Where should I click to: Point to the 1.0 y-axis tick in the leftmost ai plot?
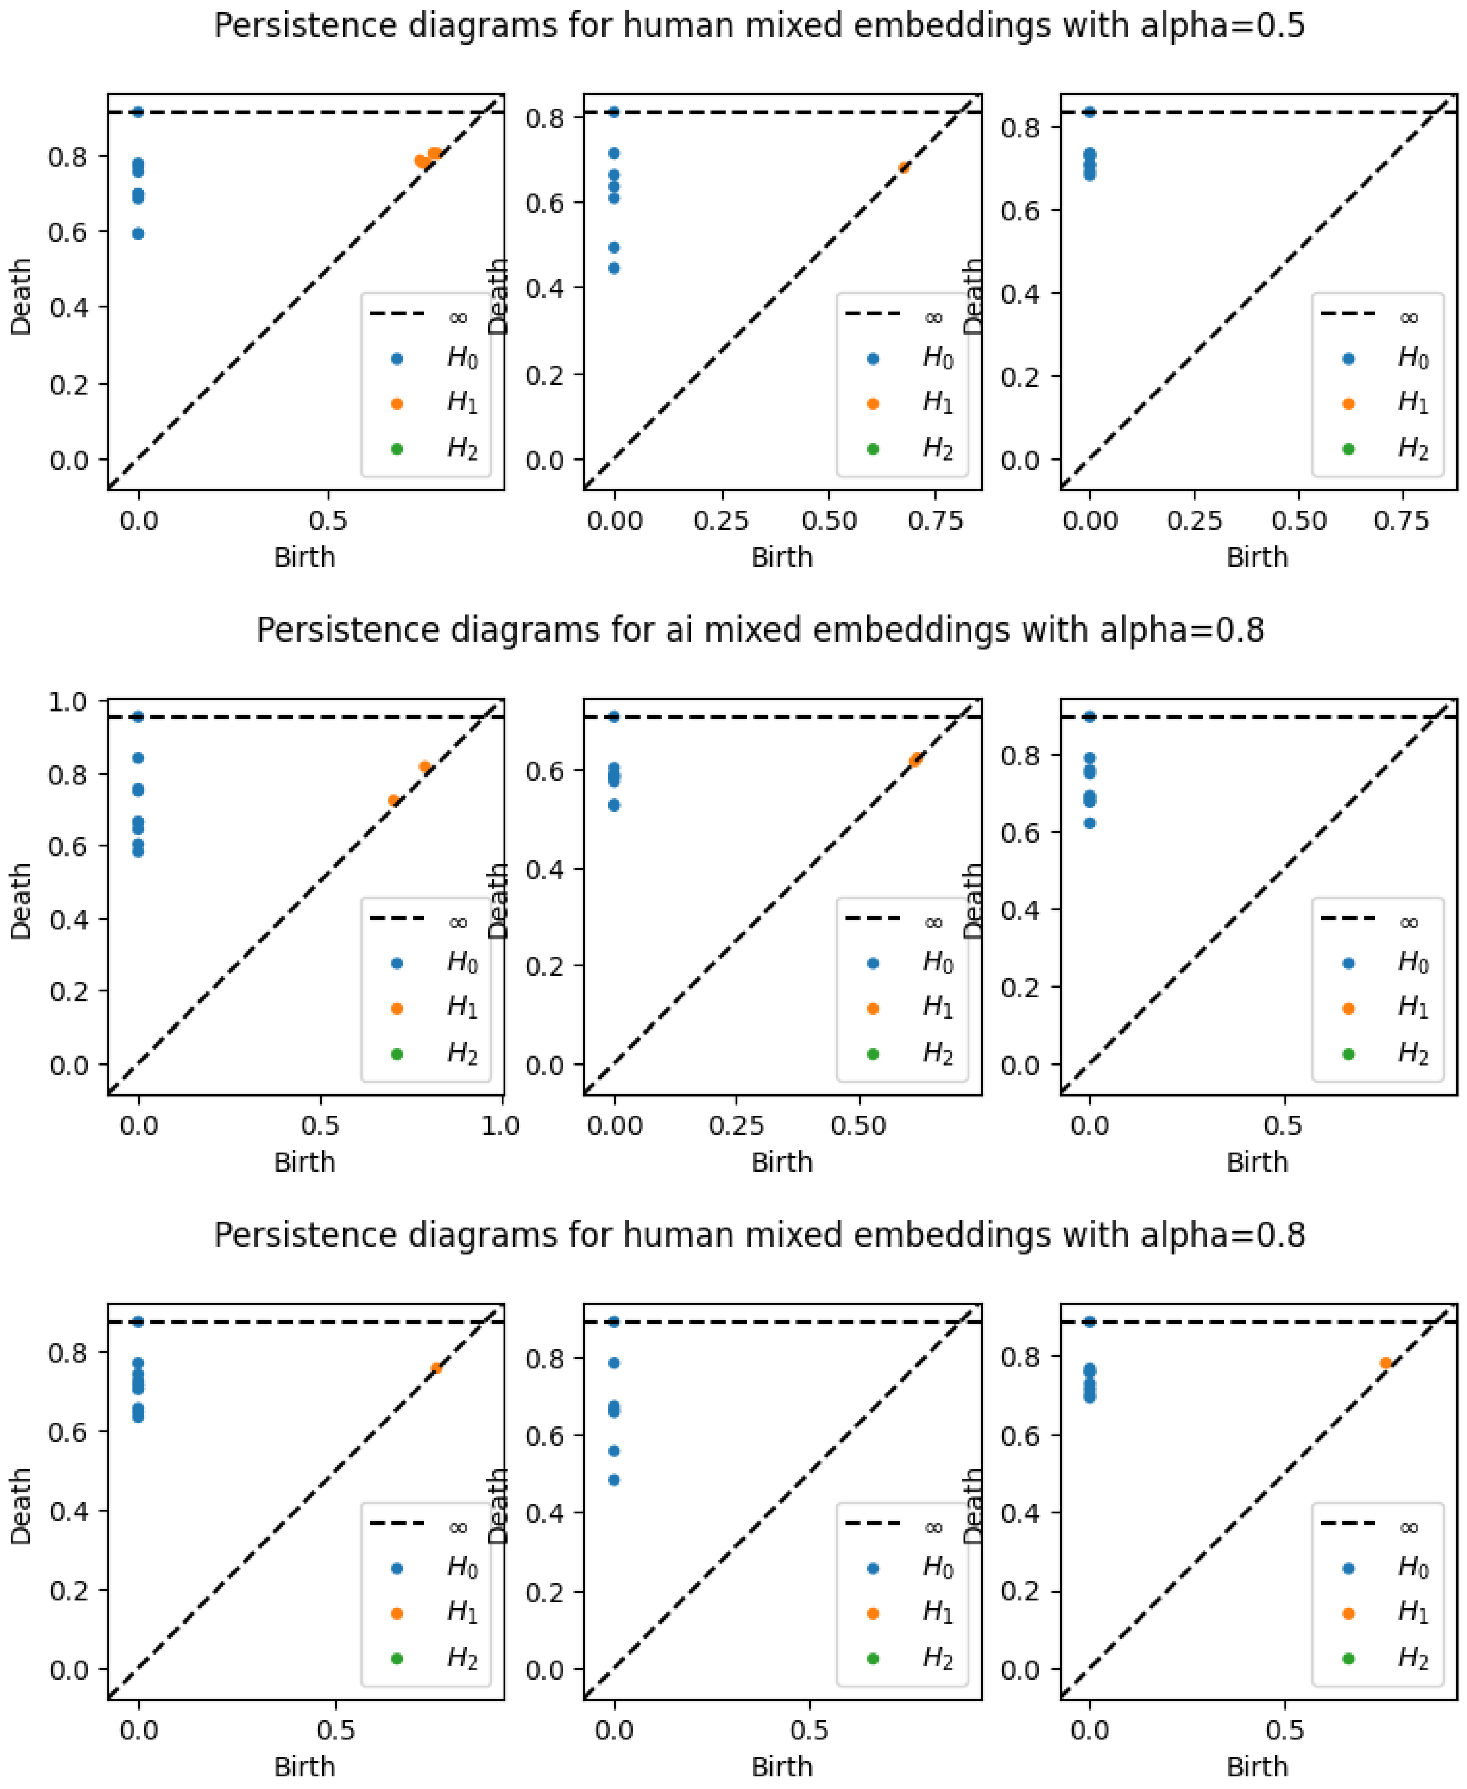pyautogui.click(x=67, y=701)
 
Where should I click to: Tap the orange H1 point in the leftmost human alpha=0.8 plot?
pyautogui.click(x=436, y=1368)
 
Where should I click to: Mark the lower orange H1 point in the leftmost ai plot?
pyautogui.click(x=393, y=800)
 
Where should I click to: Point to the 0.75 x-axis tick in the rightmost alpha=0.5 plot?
pyautogui.click(x=1401, y=521)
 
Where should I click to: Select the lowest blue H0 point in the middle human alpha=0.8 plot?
pyautogui.click(x=614, y=1480)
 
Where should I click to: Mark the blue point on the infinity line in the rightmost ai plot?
pyautogui.click(x=1090, y=717)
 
